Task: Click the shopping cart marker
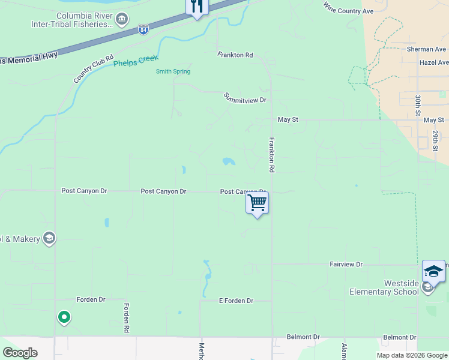257,203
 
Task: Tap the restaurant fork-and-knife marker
197,7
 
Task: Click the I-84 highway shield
143,29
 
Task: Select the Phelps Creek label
136,61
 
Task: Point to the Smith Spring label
173,71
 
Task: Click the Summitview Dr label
245,98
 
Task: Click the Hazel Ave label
434,62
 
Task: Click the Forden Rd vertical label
127,317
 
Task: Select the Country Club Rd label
94,70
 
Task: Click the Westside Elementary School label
384,287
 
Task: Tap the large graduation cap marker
433,271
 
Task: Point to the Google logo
20,353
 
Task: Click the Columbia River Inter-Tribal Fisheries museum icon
122,20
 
